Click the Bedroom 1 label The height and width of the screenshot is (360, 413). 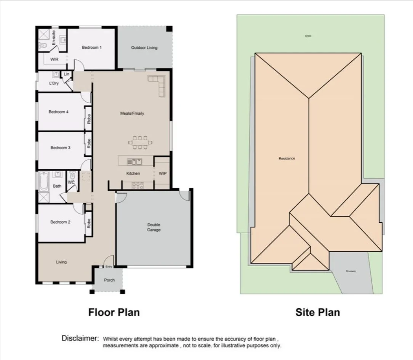point(92,48)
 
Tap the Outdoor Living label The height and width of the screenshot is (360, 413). point(144,48)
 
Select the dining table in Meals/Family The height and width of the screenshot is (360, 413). point(140,143)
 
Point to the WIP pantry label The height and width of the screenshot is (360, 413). point(162,174)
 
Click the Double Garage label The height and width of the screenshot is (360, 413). point(154,227)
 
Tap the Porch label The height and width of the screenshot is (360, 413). point(109,280)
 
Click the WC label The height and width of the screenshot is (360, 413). point(71,182)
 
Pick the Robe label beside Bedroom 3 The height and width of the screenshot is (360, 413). point(89,143)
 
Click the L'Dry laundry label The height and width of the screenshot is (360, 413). point(54,84)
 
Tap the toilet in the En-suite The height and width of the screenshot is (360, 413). point(43,45)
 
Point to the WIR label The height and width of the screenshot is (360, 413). point(54,59)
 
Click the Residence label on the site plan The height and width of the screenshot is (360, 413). point(287,158)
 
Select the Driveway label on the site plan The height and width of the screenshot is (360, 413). point(351,271)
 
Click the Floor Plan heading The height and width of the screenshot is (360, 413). point(114,312)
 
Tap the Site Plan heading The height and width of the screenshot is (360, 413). point(317,312)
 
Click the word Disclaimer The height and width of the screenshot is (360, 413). point(80,338)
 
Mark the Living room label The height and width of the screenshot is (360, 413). point(61,262)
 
